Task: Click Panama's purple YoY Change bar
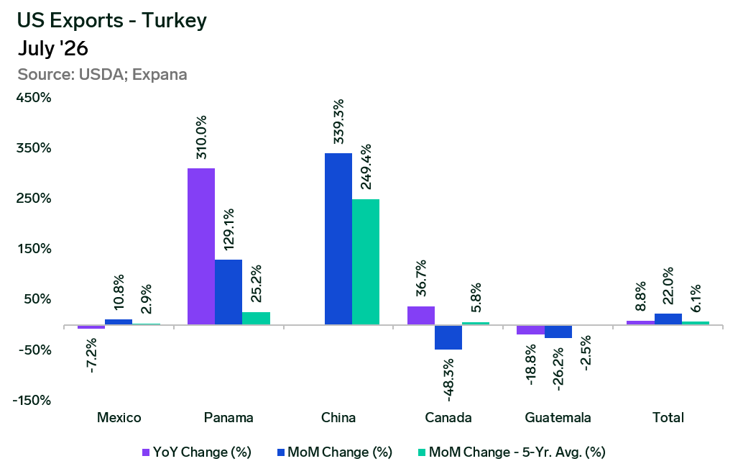(201, 247)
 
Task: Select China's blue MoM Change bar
(338, 239)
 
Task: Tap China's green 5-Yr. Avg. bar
(366, 262)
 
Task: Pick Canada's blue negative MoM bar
(448, 337)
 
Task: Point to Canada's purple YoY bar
(421, 316)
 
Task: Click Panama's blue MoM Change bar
(229, 292)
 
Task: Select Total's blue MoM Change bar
(668, 319)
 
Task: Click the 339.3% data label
(338, 122)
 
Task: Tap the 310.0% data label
(201, 137)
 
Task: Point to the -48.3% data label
(448, 380)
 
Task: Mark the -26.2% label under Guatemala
(558, 369)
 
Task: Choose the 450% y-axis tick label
(34, 98)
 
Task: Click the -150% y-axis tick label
(32, 401)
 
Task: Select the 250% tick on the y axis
(34, 199)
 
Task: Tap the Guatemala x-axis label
(558, 418)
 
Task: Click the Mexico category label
(119, 418)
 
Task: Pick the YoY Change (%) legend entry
(197, 452)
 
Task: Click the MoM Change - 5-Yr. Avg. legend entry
(512, 452)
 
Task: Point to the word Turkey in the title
(174, 21)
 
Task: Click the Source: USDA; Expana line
(102, 75)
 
